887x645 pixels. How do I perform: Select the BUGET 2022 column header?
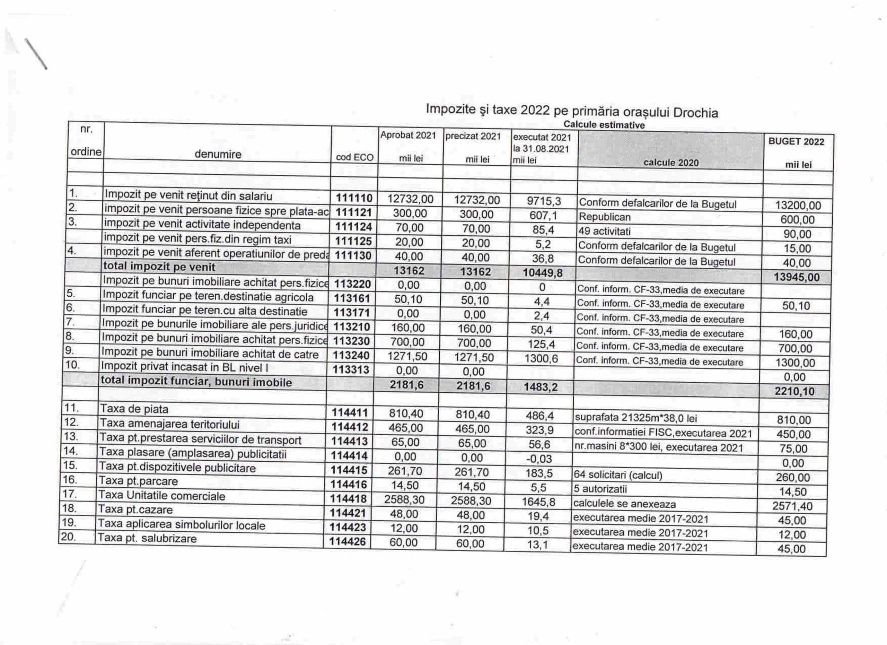point(796,142)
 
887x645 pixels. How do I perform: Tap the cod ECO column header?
point(354,157)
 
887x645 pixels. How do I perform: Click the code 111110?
point(354,198)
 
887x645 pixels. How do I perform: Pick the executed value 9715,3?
point(544,201)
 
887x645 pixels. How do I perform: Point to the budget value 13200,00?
point(798,205)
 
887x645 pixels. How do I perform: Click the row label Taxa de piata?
point(134,409)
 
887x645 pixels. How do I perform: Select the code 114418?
point(349,499)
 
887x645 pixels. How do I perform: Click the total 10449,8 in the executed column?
point(543,273)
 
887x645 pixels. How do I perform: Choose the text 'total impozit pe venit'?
point(159,267)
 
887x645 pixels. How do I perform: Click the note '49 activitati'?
point(604,232)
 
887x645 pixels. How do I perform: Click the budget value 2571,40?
point(792,506)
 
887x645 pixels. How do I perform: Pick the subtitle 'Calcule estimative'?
point(604,125)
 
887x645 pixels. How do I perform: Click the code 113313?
point(350,369)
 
